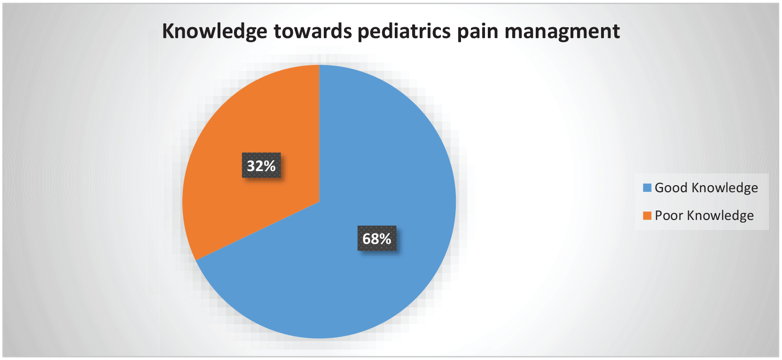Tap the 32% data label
261,165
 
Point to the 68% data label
377,238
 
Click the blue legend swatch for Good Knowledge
647,188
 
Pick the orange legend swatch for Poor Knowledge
647,216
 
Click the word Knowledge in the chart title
215,31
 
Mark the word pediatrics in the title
404,32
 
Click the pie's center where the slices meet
320,202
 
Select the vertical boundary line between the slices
320,133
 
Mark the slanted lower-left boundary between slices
257,231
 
